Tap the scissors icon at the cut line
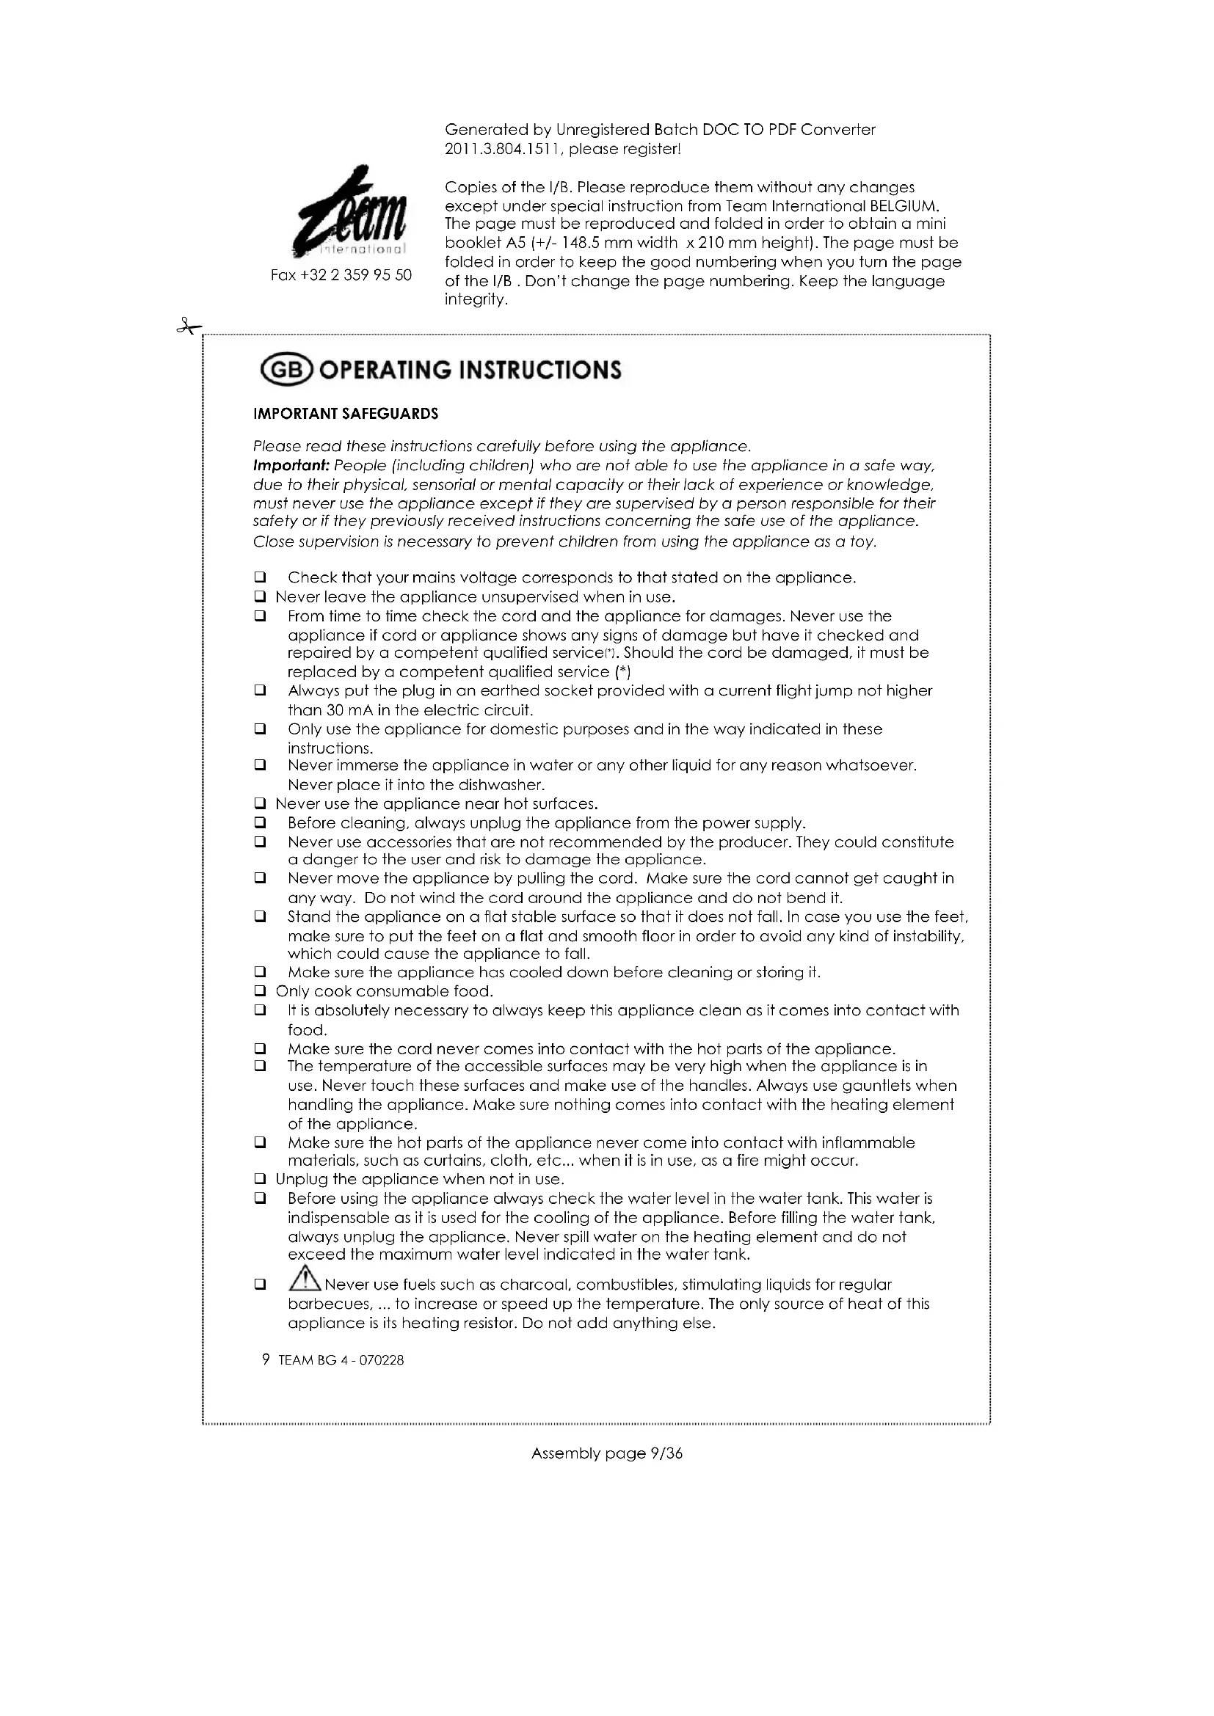(x=189, y=326)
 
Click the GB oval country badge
(x=288, y=370)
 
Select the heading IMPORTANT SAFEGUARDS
(x=346, y=414)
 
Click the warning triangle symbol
(x=305, y=1283)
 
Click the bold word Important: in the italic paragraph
(x=291, y=466)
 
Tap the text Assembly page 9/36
(x=606, y=1453)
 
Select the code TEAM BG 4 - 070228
(x=341, y=1360)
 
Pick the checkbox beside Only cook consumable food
(x=260, y=992)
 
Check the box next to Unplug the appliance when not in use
(x=260, y=1180)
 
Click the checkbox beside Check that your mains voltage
(x=260, y=577)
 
